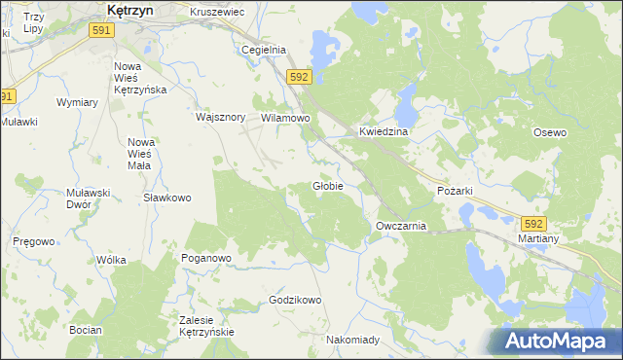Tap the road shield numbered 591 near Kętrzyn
(100, 31)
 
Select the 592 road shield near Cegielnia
(299, 77)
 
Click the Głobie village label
(327, 186)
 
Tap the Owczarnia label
(401, 226)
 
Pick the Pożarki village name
(455, 192)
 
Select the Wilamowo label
(285, 118)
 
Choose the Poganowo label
(205, 258)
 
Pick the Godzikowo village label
(295, 300)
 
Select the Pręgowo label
(34, 241)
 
